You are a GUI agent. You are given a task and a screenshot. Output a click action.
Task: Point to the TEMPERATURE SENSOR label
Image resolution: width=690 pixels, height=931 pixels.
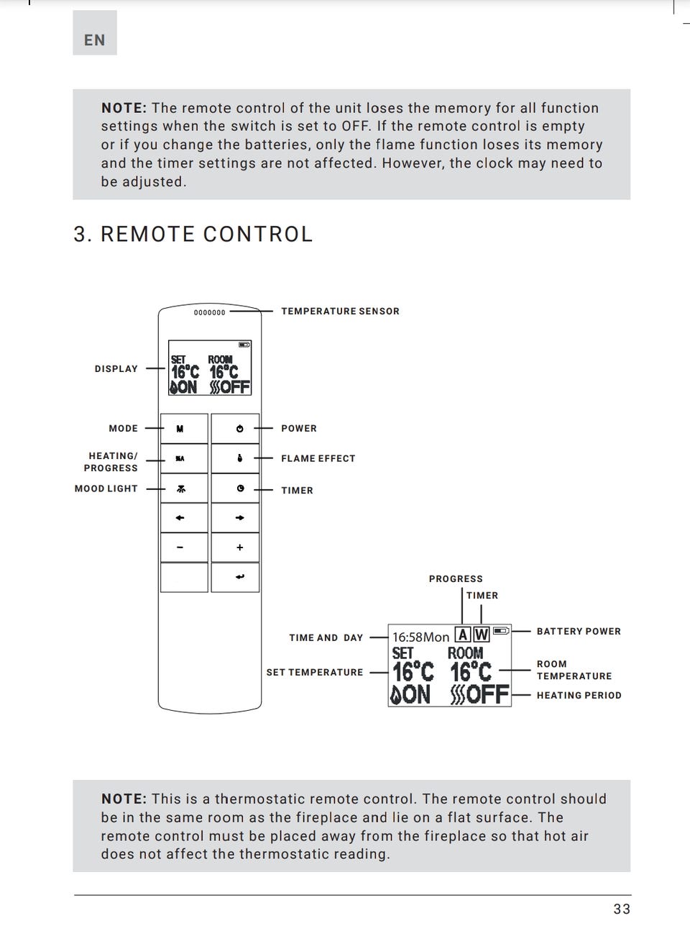(x=340, y=312)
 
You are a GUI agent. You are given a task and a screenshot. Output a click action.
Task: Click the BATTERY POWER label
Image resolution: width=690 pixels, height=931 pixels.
(x=579, y=632)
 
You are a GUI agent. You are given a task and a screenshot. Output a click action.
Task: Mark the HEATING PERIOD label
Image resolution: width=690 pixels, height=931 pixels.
(x=579, y=696)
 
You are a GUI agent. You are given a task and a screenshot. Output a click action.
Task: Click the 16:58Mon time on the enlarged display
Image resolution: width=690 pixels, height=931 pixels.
(x=420, y=637)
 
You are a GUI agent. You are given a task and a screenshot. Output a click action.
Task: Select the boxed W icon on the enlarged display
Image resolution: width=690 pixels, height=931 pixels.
(x=481, y=635)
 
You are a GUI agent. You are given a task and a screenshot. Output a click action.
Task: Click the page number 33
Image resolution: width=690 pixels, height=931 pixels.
(x=622, y=909)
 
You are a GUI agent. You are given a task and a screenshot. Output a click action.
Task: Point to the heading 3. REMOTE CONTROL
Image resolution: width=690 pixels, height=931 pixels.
(x=193, y=235)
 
